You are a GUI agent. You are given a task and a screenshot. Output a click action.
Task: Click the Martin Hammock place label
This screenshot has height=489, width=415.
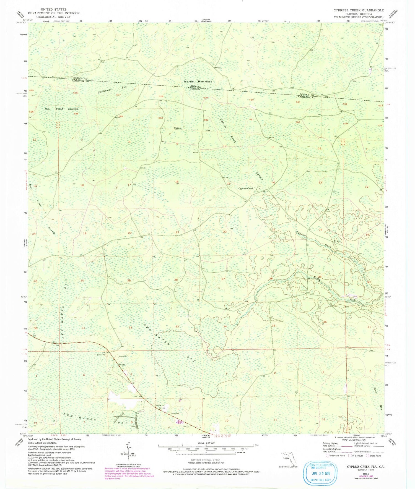pyautogui.click(x=198, y=82)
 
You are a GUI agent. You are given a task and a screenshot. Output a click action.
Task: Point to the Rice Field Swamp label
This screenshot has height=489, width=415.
pyautogui.click(x=61, y=109)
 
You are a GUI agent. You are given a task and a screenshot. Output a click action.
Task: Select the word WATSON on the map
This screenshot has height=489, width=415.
pyautogui.click(x=177, y=128)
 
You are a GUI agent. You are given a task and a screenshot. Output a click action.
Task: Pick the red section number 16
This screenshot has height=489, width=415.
pyautogui.click(x=177, y=182)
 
